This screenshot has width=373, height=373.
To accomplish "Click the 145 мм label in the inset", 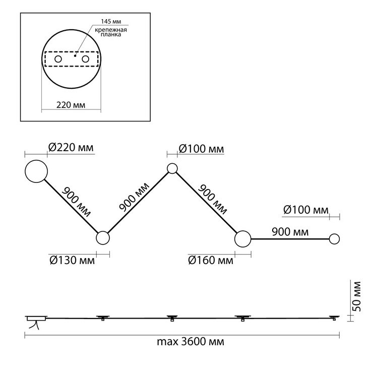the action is pyautogui.click(x=111, y=21).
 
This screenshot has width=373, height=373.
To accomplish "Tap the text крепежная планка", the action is pyautogui.click(x=111, y=32).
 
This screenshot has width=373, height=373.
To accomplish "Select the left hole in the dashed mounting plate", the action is pyautogui.click(x=58, y=59).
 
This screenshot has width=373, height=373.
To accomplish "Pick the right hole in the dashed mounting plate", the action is pyautogui.click(x=85, y=59).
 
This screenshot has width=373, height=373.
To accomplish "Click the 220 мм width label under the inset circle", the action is pyautogui.click(x=71, y=105).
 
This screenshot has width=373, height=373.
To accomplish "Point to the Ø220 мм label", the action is pyautogui.click(x=71, y=148).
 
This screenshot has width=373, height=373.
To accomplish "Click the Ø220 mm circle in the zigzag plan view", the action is pyautogui.click(x=36, y=171).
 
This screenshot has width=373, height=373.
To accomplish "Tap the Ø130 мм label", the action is pyautogui.click(x=72, y=260).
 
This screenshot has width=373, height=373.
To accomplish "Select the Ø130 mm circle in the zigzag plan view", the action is pyautogui.click(x=103, y=237).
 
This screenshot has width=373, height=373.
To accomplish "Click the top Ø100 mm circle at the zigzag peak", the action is pyautogui.click(x=172, y=169).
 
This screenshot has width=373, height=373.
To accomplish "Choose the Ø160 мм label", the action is pyautogui.click(x=211, y=260).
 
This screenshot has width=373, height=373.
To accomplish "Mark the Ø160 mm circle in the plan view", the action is pyautogui.click(x=242, y=239).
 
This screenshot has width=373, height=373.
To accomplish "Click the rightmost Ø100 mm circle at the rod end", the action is pyautogui.click(x=334, y=239).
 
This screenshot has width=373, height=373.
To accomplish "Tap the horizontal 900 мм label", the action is pyautogui.click(x=290, y=232).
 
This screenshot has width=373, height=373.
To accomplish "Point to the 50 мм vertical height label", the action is pyautogui.click(x=357, y=296).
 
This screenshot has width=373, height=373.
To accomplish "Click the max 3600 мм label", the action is pyautogui.click(x=191, y=342).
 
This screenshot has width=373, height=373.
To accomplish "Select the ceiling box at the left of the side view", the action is pyautogui.click(x=36, y=318).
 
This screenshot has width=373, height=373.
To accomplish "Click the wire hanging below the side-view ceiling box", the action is pyautogui.click(x=34, y=325).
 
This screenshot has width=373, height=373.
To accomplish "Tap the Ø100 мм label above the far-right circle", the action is pyautogui.click(x=306, y=210).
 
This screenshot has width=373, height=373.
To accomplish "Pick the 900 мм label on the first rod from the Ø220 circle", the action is pyautogui.click(x=76, y=202).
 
